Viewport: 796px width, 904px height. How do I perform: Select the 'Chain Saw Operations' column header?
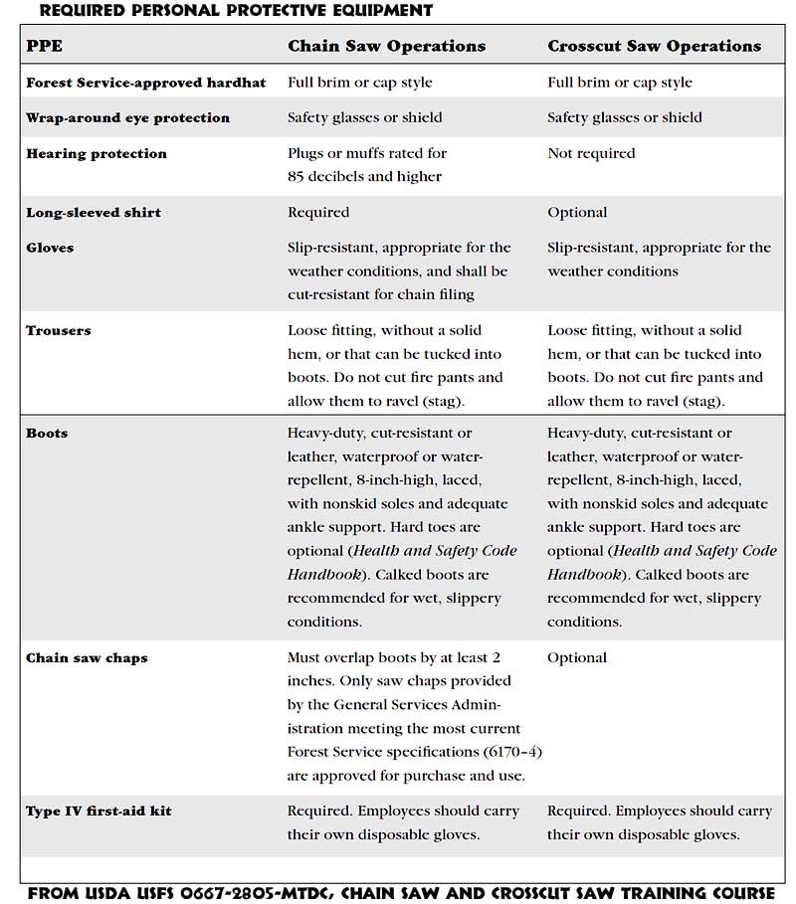click(x=386, y=46)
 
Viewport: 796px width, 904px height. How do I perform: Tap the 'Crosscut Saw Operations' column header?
click(x=654, y=46)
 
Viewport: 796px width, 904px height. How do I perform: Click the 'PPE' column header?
click(x=44, y=46)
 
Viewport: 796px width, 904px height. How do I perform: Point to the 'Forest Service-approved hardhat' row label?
click(x=145, y=83)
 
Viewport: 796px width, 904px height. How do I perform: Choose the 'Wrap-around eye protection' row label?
click(x=127, y=117)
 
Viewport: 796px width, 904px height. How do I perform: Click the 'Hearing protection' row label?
click(x=97, y=153)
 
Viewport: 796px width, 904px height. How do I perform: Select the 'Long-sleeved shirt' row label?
click(x=94, y=212)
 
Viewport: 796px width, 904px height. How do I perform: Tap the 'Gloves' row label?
click(x=50, y=248)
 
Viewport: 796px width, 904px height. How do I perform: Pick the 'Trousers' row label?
click(x=58, y=330)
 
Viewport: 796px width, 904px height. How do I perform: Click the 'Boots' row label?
click(x=47, y=434)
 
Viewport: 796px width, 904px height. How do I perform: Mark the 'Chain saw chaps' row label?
click(x=87, y=658)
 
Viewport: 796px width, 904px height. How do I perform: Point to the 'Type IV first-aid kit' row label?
click(x=99, y=812)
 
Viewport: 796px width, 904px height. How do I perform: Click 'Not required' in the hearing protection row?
click(x=591, y=153)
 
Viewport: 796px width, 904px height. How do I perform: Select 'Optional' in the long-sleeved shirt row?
click(x=577, y=212)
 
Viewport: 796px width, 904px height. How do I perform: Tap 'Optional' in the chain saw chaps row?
click(x=577, y=657)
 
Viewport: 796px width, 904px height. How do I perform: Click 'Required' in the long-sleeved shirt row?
click(x=318, y=212)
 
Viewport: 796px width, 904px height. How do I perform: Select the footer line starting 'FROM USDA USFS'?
click(x=401, y=892)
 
